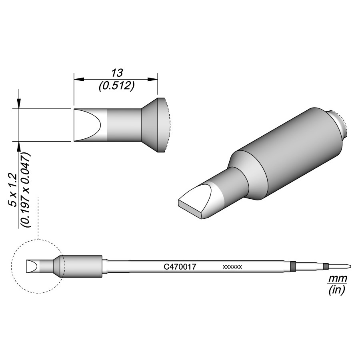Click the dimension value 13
click(x=117, y=73)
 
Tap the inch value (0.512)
click(x=116, y=86)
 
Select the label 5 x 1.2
click(x=14, y=190)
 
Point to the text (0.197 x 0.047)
click(x=26, y=190)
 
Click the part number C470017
click(x=180, y=267)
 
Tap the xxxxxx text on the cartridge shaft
click(x=232, y=267)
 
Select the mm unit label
click(x=337, y=279)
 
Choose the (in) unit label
click(x=337, y=290)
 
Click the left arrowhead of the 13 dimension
click(x=79, y=79)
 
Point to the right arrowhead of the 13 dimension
click(x=152, y=79)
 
